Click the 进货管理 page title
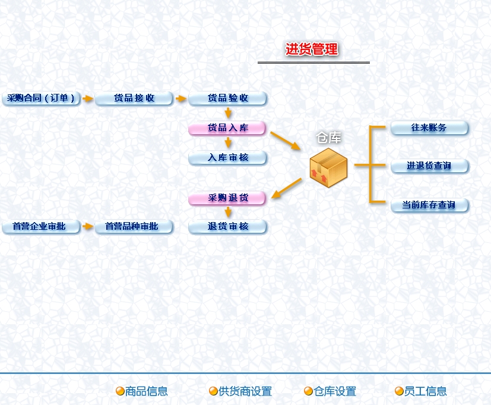[312, 50]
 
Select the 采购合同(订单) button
[41, 99]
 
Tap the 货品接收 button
[134, 99]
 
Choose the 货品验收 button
[228, 99]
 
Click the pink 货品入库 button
[227, 128]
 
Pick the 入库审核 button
[228, 158]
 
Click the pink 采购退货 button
[227, 198]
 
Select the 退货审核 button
[228, 227]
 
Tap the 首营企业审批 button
[41, 227]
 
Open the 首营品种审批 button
[134, 227]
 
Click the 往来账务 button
[429, 128]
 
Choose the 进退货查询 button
[429, 166]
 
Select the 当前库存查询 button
[429, 205]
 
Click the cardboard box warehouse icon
[328, 167]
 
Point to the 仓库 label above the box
[328, 138]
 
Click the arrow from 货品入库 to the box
[286, 141]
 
